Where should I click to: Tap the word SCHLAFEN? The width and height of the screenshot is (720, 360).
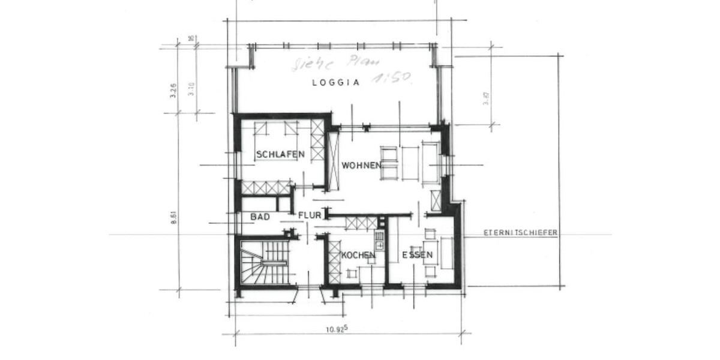(x=280, y=155)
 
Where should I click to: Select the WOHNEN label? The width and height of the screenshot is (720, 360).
(x=362, y=165)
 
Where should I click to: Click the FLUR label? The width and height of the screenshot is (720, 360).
(x=310, y=214)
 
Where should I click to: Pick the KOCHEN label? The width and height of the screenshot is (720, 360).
(x=358, y=256)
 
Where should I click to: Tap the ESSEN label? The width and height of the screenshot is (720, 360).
(x=418, y=256)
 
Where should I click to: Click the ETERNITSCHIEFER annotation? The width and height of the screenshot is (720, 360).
(x=520, y=233)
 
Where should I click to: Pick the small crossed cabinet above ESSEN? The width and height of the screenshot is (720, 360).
(x=436, y=200)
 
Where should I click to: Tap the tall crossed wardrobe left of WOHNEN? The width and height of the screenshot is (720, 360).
(x=333, y=161)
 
